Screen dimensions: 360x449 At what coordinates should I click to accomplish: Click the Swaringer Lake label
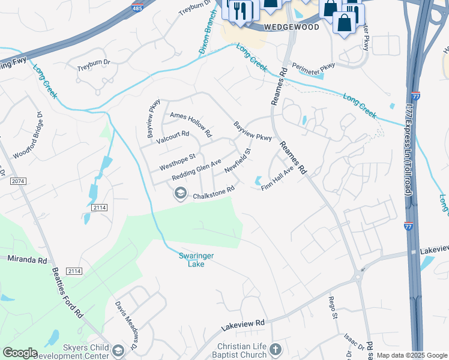coord(196,259)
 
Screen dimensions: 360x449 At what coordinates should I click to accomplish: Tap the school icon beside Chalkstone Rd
coord(179,193)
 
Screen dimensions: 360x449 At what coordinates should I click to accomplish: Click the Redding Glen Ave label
coord(197,170)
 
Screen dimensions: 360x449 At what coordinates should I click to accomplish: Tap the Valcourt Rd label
coord(173,137)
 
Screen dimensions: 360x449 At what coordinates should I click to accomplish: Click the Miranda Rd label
coord(26,260)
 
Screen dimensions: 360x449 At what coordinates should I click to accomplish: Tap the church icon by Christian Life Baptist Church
coord(276,349)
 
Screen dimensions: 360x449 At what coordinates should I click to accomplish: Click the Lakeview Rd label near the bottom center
coord(243,323)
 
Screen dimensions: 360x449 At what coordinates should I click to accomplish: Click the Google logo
coord(20,352)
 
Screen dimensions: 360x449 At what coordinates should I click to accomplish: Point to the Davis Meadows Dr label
coord(127,326)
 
